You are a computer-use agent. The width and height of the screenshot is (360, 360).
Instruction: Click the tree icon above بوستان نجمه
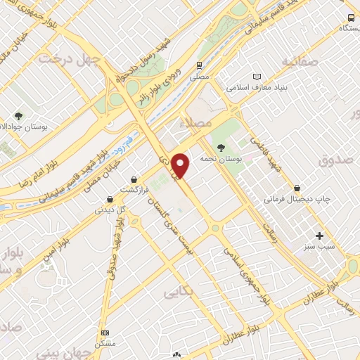pos(222,148)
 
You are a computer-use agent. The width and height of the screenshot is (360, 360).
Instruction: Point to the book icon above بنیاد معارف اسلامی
pos(257,77)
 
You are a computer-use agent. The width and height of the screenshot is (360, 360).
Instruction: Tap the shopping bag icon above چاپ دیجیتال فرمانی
pos(298,188)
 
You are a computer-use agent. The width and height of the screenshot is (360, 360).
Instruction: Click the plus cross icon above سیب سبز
pos(320,236)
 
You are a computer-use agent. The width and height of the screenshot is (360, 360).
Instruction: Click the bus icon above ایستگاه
pos(351,18)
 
